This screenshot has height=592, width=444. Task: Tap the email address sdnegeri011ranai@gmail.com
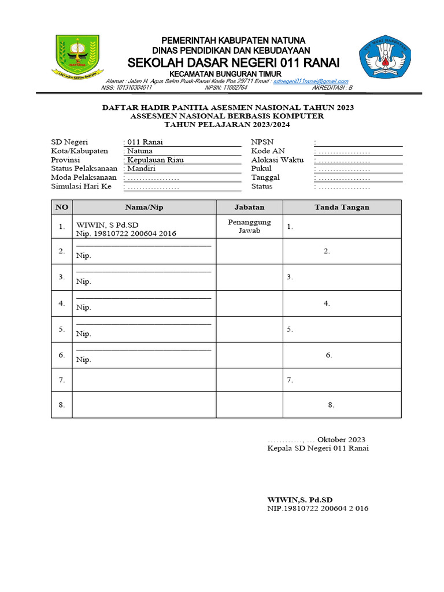pos(310,82)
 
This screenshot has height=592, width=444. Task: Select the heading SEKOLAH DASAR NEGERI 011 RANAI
pos(234,62)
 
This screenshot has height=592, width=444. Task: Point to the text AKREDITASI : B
pos(332,88)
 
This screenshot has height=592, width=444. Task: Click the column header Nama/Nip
pos(144,207)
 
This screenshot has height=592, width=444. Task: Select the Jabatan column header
pos(249,207)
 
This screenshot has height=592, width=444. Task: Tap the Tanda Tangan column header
pos(342,207)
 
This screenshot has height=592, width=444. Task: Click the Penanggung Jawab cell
pos(249,226)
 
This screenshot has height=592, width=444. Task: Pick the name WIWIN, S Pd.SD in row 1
pos(108,224)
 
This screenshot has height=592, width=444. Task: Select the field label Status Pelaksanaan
pos(84,168)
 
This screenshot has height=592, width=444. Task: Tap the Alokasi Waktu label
pos(277,160)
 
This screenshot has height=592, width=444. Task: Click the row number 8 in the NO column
pos(61,405)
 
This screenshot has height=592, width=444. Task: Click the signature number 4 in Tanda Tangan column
pos(327,303)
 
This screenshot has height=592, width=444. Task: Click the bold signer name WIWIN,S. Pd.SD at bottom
pos(300,499)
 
